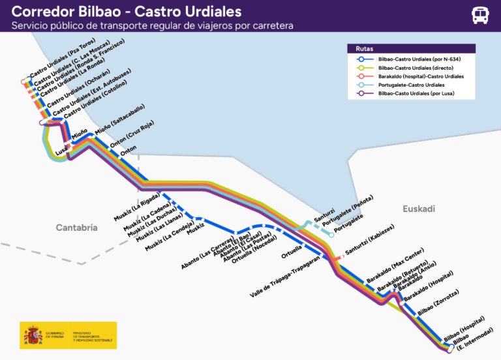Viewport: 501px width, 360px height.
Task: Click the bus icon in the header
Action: pos(481,15)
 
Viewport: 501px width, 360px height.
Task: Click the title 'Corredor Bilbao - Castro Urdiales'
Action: pos(127,12)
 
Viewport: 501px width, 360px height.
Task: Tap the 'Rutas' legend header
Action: pos(365,49)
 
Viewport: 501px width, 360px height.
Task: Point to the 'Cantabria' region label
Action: pos(76,228)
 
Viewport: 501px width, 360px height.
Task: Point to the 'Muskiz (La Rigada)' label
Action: pos(136,207)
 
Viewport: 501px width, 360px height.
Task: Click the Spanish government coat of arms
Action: pos(33,335)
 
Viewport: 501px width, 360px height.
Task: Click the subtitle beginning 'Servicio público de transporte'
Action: pos(152,26)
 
